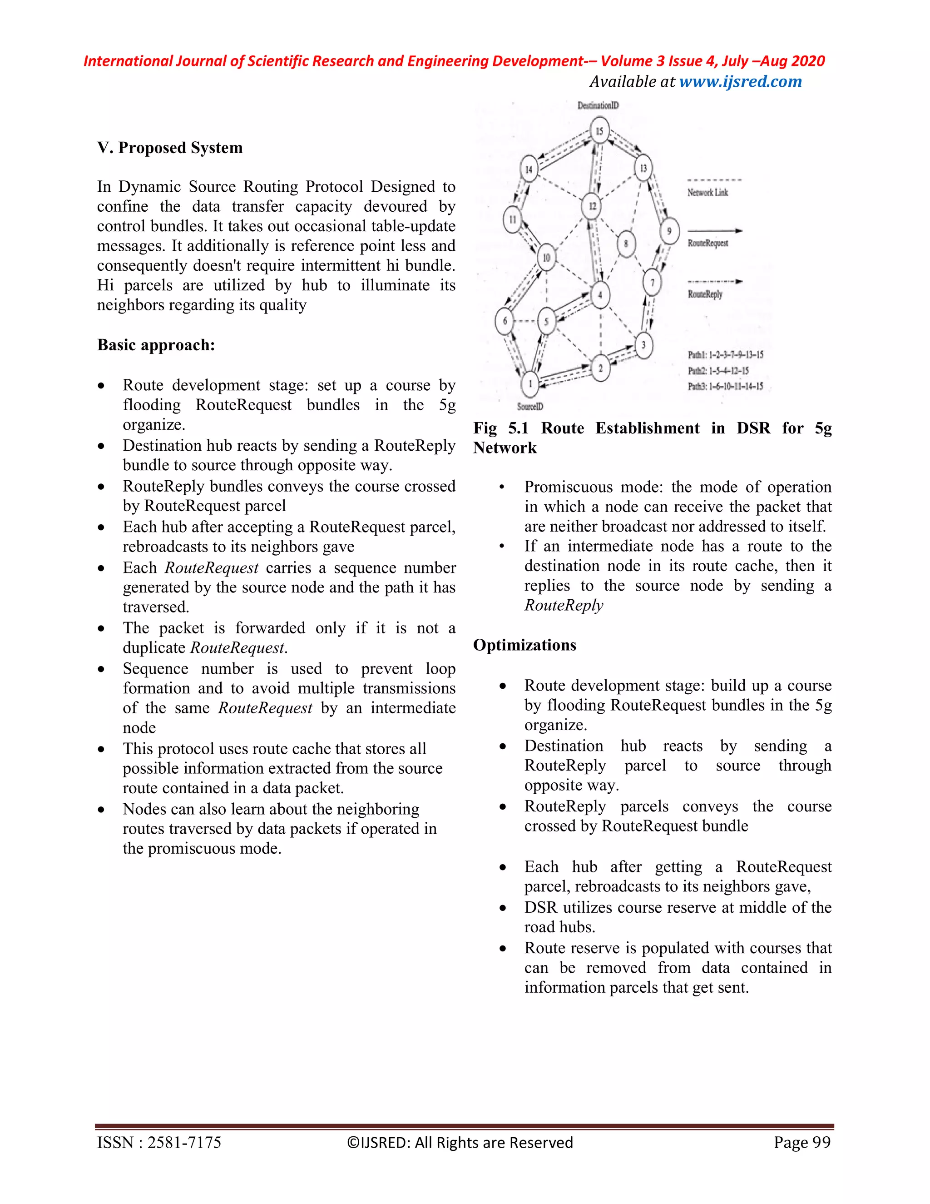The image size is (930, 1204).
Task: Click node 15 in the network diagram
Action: click(599, 131)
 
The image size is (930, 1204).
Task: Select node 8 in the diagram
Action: click(626, 244)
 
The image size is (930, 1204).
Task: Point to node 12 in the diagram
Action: click(592, 206)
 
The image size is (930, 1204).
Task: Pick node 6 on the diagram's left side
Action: click(505, 321)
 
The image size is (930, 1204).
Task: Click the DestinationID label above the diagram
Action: click(598, 105)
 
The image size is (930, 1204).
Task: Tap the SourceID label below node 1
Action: click(530, 406)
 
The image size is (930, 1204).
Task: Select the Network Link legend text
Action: click(707, 192)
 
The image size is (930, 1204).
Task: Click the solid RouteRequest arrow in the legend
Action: click(715, 231)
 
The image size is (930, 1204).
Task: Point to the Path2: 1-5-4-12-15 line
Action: click(718, 370)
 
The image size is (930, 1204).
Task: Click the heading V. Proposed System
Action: click(170, 148)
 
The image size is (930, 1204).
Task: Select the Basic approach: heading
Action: click(156, 345)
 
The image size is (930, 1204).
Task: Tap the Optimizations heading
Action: click(524, 645)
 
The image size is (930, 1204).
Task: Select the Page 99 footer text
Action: click(801, 1142)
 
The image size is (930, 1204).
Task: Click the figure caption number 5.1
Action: click(518, 428)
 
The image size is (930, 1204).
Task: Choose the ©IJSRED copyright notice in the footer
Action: click(460, 1142)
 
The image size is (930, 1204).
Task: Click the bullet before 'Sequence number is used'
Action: click(101, 670)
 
